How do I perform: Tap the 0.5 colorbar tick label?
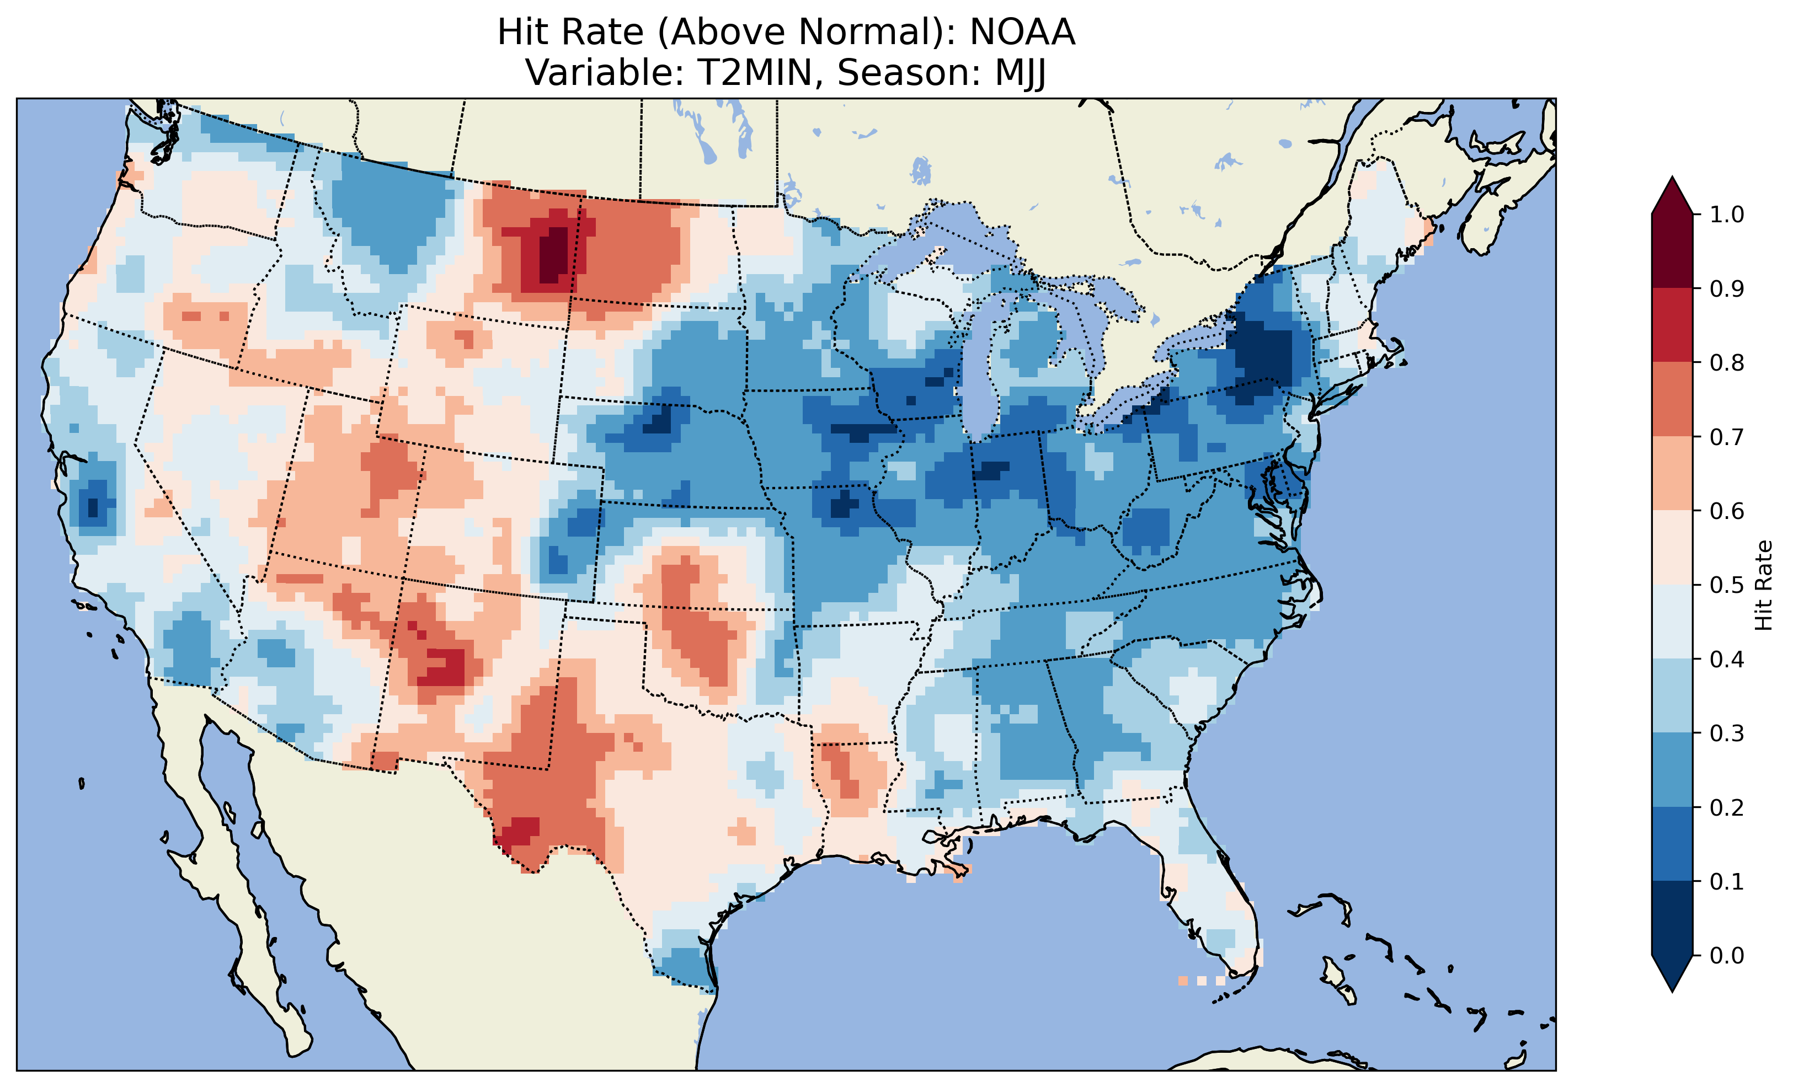tap(1726, 585)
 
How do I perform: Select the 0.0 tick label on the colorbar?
tap(1726, 955)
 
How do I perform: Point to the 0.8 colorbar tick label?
tap(1726, 362)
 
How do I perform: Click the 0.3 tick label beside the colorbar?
tap(1726, 733)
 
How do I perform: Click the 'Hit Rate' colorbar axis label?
tap(1763, 585)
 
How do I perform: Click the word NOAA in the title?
tap(1022, 33)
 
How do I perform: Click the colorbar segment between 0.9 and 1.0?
tap(1672, 251)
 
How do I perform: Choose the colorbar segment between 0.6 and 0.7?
tap(1672, 473)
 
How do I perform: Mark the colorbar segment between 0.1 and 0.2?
tap(1672, 844)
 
